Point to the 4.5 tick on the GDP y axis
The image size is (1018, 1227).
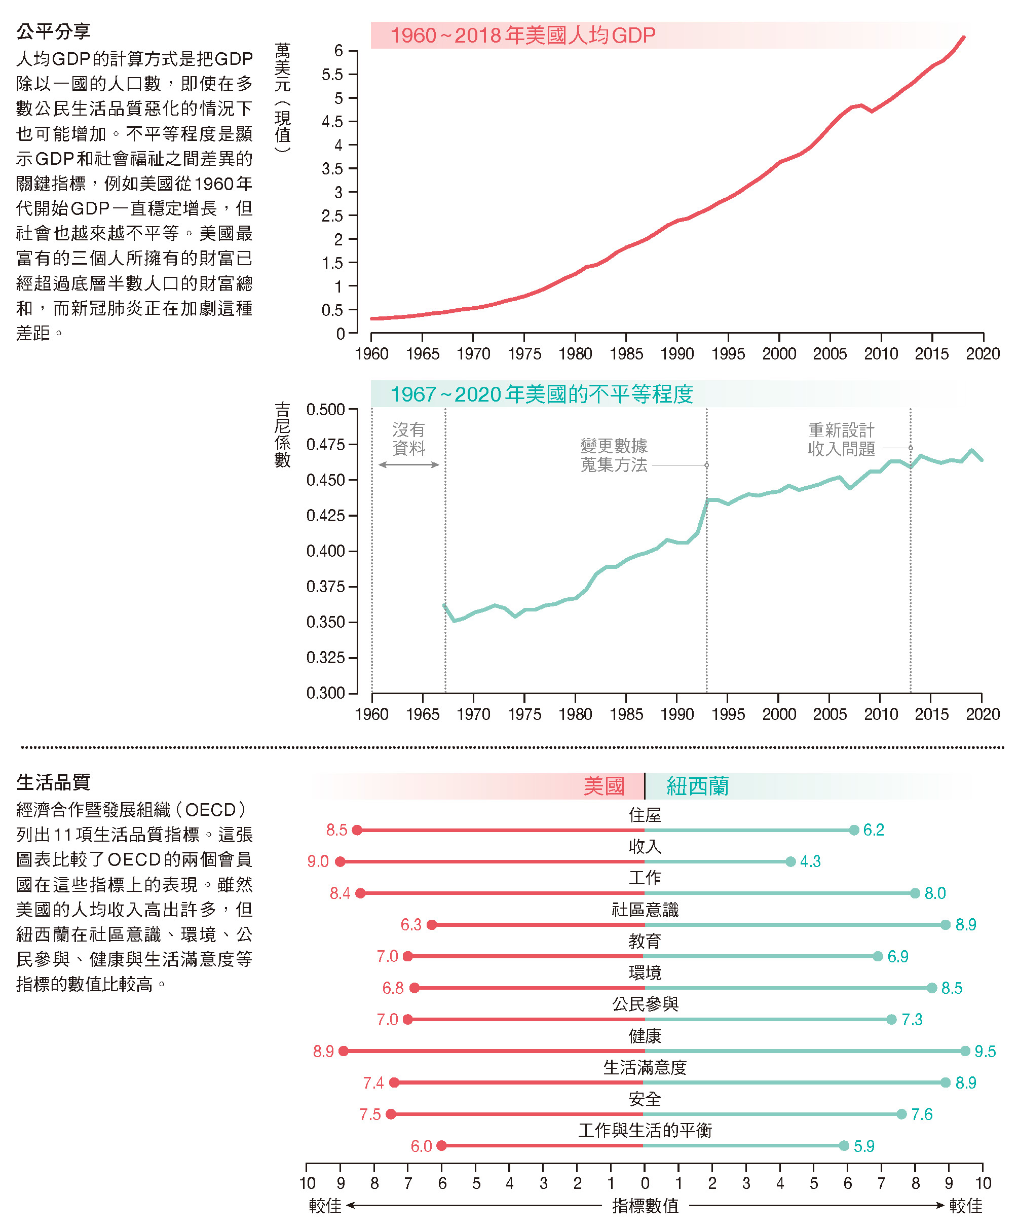(x=332, y=122)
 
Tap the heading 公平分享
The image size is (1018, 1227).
(x=53, y=31)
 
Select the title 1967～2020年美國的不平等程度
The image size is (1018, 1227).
(x=541, y=394)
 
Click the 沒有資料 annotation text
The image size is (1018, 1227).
(x=408, y=439)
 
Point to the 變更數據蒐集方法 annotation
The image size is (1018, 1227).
(x=614, y=455)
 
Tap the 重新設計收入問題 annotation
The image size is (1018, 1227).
(x=841, y=440)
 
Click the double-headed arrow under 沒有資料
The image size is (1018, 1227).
(x=408, y=464)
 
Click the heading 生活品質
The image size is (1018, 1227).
(x=53, y=782)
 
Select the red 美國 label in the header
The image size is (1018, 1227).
(x=604, y=786)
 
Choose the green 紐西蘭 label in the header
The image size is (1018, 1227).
(x=697, y=786)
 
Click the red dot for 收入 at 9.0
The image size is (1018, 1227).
(x=340, y=861)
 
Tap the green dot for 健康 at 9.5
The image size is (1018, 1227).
(x=965, y=1051)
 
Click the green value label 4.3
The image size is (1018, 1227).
(x=810, y=861)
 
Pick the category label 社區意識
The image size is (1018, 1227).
(x=645, y=909)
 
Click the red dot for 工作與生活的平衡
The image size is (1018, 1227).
(x=441, y=1146)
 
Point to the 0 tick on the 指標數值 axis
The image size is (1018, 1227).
(x=645, y=1183)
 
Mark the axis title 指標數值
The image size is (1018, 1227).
(x=645, y=1205)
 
